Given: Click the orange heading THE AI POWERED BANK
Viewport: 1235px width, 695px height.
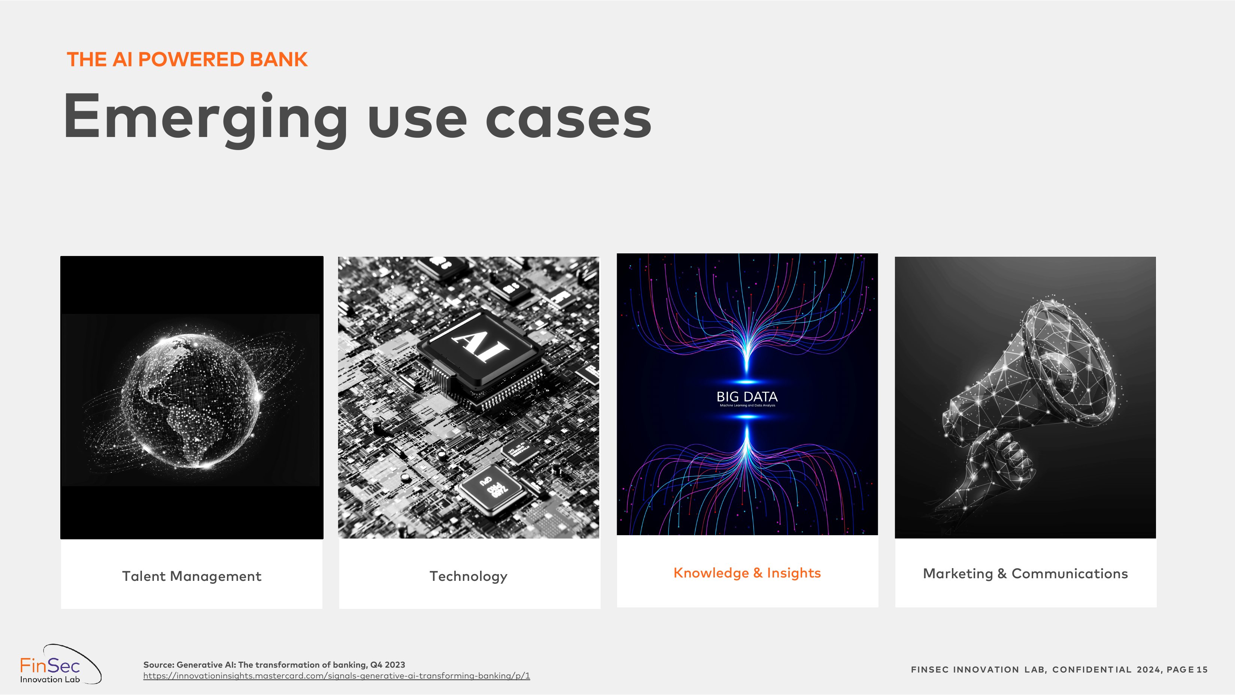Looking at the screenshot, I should [x=187, y=60].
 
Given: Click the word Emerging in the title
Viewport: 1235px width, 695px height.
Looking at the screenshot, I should [x=205, y=118].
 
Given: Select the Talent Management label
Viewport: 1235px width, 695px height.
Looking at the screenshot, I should [x=191, y=576].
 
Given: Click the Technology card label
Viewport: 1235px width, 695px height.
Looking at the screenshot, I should [x=468, y=576].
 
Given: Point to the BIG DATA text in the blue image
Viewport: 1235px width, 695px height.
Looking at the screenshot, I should [x=747, y=397].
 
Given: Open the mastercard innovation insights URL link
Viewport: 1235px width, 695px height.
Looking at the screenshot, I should [x=337, y=676].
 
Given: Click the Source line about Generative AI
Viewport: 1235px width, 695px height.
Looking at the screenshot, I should [x=274, y=665].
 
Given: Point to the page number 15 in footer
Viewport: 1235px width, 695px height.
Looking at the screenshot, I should [x=1202, y=670].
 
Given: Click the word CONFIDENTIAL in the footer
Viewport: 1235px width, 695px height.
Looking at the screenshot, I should [x=1092, y=670].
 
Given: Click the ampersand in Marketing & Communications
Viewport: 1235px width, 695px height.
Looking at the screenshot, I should [x=1002, y=574].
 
